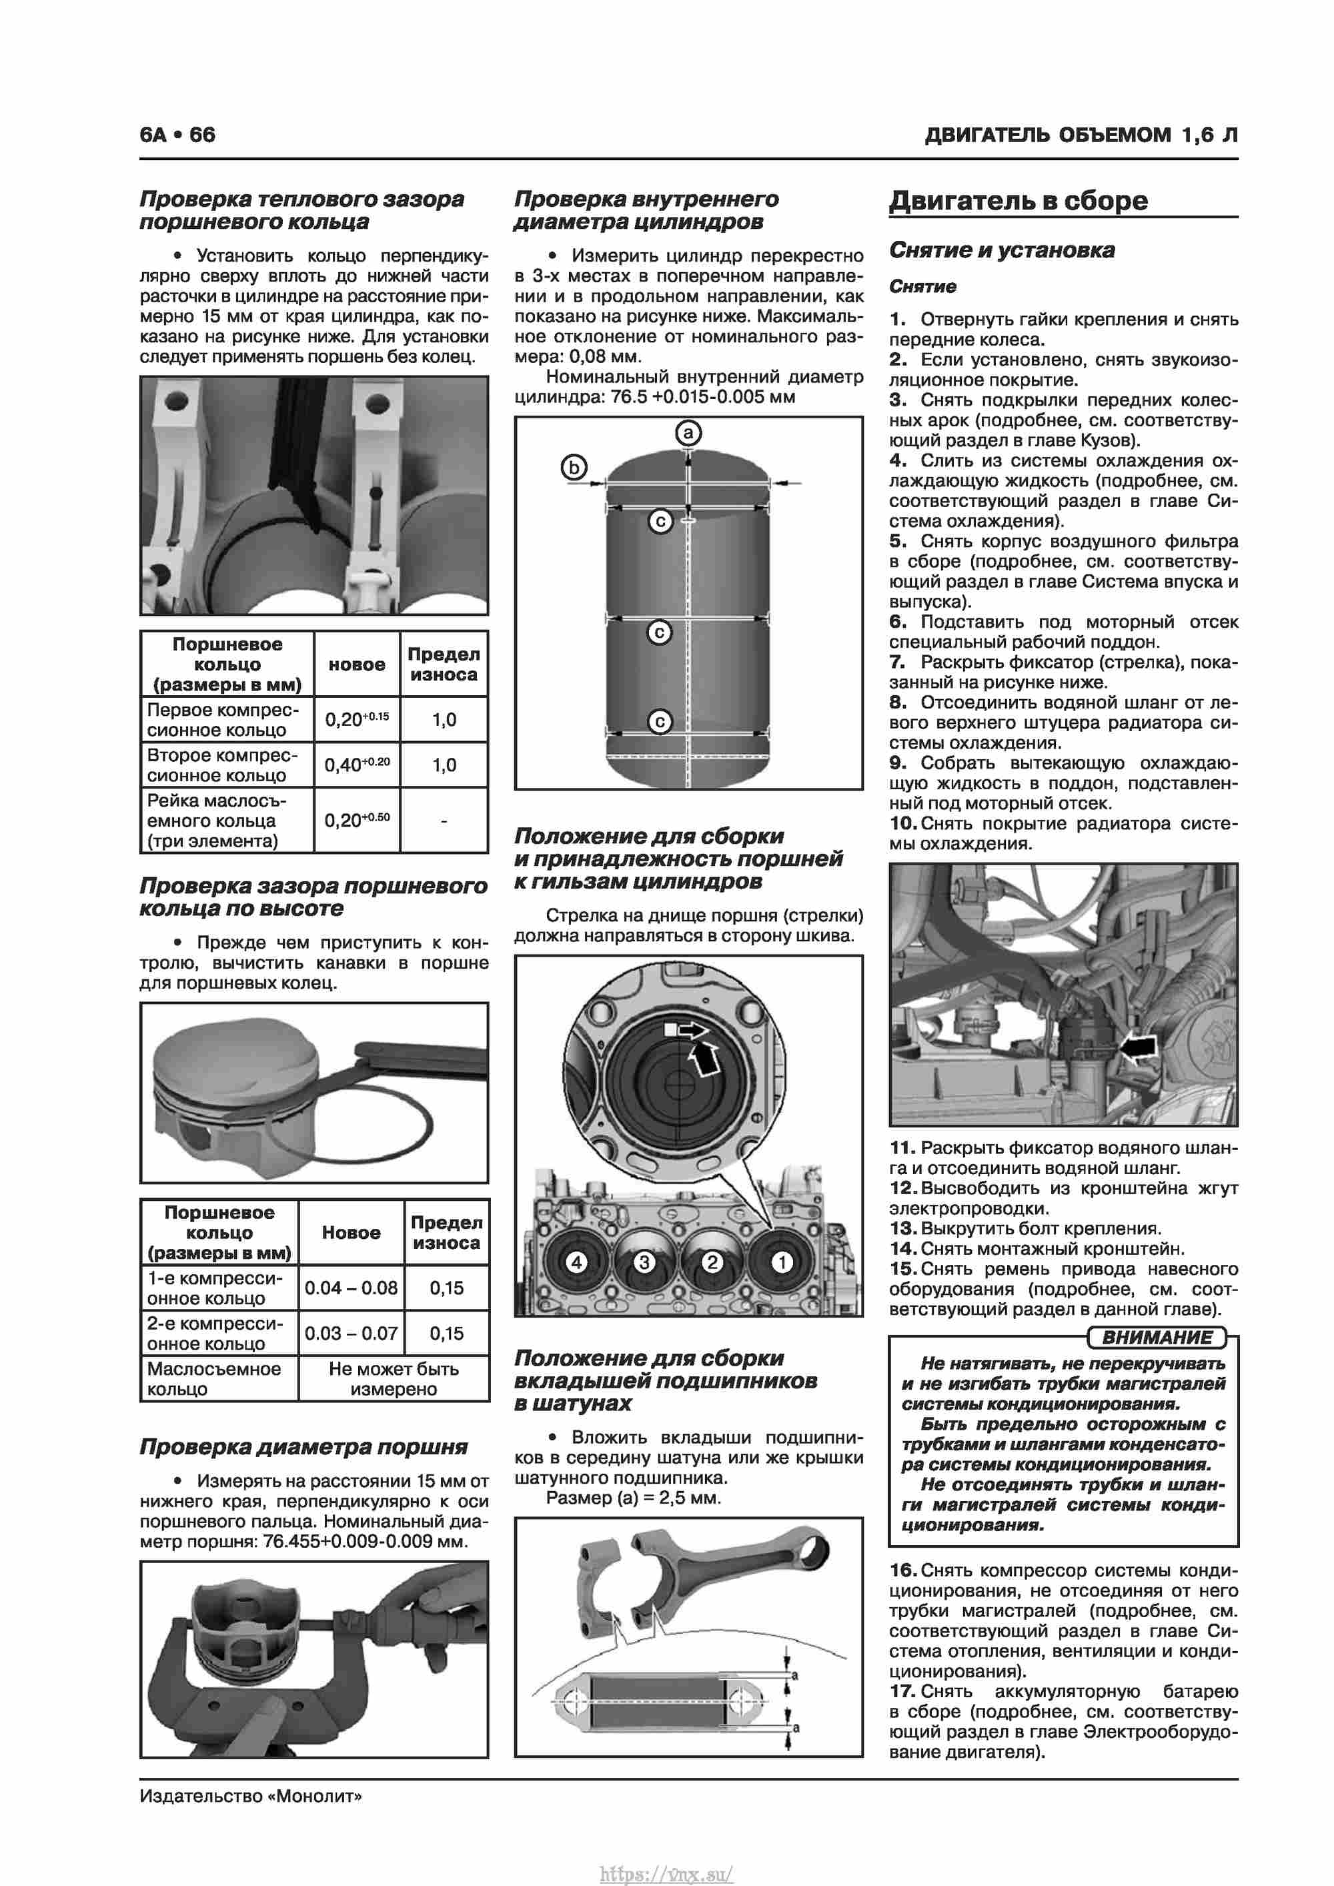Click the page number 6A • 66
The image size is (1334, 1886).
[177, 135]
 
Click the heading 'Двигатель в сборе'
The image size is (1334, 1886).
[1018, 200]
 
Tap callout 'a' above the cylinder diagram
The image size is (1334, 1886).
[688, 433]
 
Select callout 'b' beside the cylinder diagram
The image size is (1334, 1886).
[574, 468]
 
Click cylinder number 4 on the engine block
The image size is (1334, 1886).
[577, 1262]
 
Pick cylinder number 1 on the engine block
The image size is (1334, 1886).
[782, 1262]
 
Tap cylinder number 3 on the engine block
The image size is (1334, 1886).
[644, 1262]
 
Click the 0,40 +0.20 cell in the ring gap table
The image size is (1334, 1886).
[356, 765]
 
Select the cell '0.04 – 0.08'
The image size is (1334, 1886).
[351, 1287]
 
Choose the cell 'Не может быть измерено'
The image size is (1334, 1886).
[394, 1378]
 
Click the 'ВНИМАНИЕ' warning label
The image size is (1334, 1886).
[1156, 1338]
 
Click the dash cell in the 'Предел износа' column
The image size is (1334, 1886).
[444, 821]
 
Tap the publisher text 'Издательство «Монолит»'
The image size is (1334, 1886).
[251, 1796]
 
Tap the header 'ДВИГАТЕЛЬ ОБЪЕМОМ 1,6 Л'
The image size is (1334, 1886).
[1081, 135]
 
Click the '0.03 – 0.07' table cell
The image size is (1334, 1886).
[351, 1332]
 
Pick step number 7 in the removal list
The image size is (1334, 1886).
[897, 662]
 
